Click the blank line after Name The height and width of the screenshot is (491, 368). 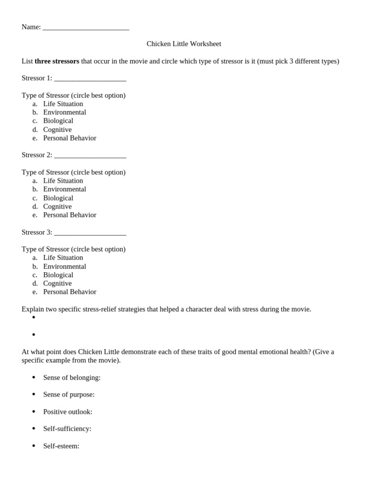pyautogui.click(x=86, y=28)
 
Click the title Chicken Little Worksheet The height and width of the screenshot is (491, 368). pyautogui.click(x=184, y=44)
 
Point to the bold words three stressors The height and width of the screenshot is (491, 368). pyautogui.click(x=57, y=61)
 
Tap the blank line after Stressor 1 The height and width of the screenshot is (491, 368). pyautogui.click(x=90, y=79)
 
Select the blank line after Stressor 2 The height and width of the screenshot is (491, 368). pyautogui.click(x=90, y=155)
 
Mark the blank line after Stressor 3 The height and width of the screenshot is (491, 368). pyautogui.click(x=90, y=233)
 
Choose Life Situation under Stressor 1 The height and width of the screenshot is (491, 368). pyautogui.click(x=63, y=104)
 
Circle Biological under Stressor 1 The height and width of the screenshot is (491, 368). pyautogui.click(x=58, y=121)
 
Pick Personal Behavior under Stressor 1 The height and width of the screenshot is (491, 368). pyautogui.click(x=69, y=138)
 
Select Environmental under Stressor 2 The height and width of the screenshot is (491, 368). pyautogui.click(x=65, y=189)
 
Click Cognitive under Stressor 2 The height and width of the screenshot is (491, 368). pyautogui.click(x=57, y=206)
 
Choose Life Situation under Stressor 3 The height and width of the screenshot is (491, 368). pyautogui.click(x=63, y=257)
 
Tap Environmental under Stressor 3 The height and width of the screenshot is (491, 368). pyautogui.click(x=65, y=266)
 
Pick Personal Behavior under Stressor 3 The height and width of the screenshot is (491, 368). pyautogui.click(x=69, y=292)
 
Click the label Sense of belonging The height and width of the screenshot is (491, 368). pyautogui.click(x=72, y=377)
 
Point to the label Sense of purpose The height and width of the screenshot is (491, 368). pyautogui.click(x=69, y=394)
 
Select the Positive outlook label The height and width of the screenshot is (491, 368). pyautogui.click(x=68, y=411)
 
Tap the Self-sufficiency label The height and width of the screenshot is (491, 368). pyautogui.click(x=67, y=429)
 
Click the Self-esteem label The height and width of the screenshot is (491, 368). pyautogui.click(x=61, y=446)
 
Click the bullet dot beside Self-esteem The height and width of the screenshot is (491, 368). pyautogui.click(x=34, y=446)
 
